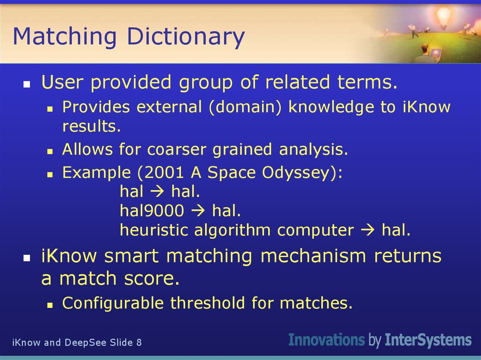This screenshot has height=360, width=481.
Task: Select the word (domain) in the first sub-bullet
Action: pyautogui.click(x=246, y=107)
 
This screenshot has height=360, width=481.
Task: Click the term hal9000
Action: pyautogui.click(x=152, y=211)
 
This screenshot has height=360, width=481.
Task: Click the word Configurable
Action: pyautogui.click(x=113, y=303)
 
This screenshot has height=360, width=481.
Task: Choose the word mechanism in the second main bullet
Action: pyautogui.click(x=318, y=256)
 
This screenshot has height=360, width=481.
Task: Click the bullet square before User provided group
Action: pyautogui.click(x=27, y=85)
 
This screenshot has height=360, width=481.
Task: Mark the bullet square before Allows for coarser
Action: pyautogui.click(x=50, y=152)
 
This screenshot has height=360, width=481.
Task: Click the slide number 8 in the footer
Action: pyautogui.click(x=139, y=343)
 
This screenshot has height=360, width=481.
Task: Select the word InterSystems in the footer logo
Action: pyautogui.click(x=428, y=340)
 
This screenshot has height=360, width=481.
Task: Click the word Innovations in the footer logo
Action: pyautogui.click(x=326, y=340)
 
